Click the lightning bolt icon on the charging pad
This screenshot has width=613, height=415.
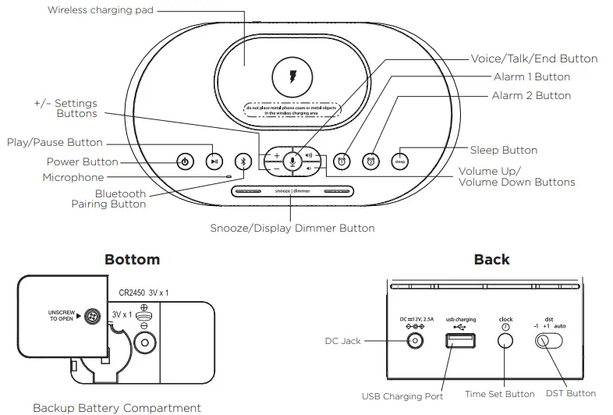point(292,78)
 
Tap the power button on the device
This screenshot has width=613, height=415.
point(184,161)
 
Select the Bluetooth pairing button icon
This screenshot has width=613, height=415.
point(243,161)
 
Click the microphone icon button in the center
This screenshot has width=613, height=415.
point(292,161)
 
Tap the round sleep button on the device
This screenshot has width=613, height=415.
point(400,161)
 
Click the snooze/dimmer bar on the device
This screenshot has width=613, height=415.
point(292,191)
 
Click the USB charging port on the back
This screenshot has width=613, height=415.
point(455,341)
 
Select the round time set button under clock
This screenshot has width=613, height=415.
point(505,341)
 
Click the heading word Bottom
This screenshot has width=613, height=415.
point(132,260)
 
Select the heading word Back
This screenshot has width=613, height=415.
point(491,260)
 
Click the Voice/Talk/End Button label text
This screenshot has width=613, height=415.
point(534,59)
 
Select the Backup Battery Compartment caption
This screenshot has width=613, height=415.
point(116,407)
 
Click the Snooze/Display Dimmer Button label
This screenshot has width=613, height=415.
point(292,229)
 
